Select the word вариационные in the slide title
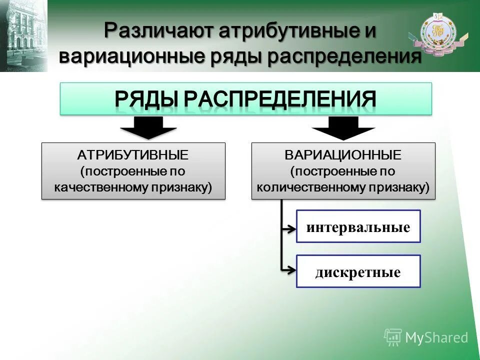(130, 56)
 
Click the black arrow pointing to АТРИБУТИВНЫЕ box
(148, 128)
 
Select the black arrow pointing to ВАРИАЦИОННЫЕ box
(343, 128)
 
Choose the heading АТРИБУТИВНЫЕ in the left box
(133, 155)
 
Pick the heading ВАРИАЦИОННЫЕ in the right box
(343, 155)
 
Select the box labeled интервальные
(358, 227)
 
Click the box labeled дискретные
(358, 271)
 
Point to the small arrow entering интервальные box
(289, 229)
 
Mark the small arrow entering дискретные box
(289, 270)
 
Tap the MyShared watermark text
(436, 337)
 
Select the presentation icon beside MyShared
(393, 337)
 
